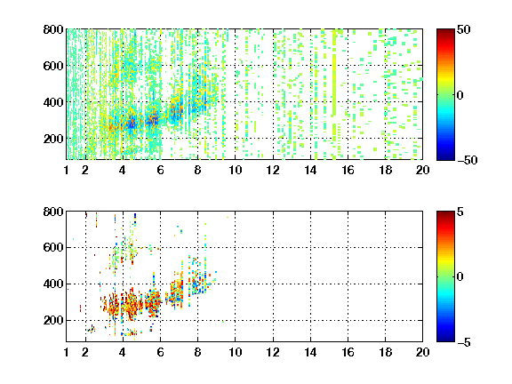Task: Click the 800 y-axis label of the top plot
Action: (x=53, y=29)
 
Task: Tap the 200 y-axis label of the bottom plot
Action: (x=53, y=320)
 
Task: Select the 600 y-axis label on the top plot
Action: (x=53, y=66)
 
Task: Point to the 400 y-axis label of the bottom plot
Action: (x=53, y=284)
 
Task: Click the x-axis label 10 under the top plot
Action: (x=235, y=170)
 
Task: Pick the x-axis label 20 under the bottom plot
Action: (x=422, y=352)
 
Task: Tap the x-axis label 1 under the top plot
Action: (x=67, y=170)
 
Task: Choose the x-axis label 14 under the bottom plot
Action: (x=310, y=352)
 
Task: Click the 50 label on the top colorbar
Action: (x=463, y=29)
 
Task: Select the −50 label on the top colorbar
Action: (x=468, y=160)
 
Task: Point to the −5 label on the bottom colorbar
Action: (x=464, y=342)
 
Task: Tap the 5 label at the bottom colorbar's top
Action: (x=460, y=212)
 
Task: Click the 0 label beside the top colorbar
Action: (x=460, y=95)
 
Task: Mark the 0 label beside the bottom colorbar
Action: (x=460, y=277)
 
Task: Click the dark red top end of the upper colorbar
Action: (x=445, y=32)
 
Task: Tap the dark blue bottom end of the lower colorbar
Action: (x=445, y=339)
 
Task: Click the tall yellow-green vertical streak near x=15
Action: (x=334, y=85)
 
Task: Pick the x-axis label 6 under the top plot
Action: (x=160, y=170)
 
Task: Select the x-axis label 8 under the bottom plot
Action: (x=197, y=352)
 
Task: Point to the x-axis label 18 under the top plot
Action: (x=385, y=170)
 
